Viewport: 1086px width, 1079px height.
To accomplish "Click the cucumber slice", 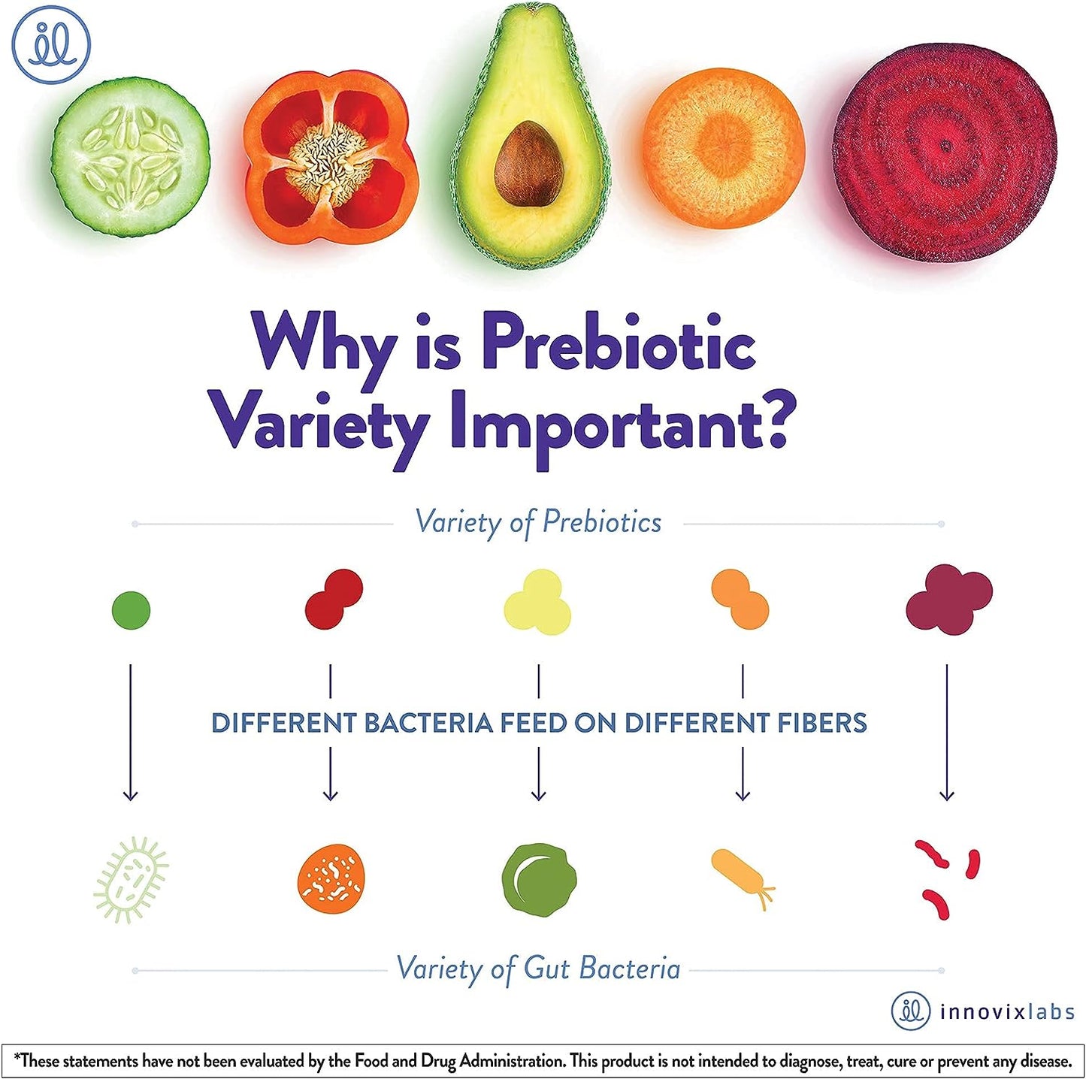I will click(130, 158).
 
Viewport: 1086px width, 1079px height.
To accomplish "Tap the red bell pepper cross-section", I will click(331, 158).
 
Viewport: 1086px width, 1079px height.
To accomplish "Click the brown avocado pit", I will click(529, 163).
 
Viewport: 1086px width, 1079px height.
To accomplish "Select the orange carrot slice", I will click(723, 148).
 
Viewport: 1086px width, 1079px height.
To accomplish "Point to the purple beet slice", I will click(945, 152).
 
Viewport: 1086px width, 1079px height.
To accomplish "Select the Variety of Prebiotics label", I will click(538, 522).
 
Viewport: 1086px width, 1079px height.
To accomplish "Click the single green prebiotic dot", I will click(131, 609).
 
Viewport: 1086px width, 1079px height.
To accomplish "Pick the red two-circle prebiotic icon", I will click(334, 599).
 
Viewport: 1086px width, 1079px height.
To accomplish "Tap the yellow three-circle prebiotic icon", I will click(538, 603).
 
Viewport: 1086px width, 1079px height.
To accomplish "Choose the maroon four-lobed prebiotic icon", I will click(948, 600).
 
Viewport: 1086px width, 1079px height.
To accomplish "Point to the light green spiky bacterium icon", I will click(131, 879).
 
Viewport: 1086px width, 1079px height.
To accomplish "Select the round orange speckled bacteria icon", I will click(331, 878).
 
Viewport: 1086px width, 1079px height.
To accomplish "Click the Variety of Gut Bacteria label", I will click(538, 969).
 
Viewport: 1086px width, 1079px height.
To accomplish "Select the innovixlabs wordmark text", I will click(1007, 1012).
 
